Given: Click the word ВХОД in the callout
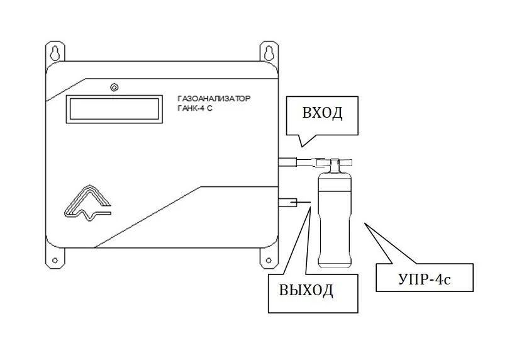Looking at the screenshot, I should point(322,114).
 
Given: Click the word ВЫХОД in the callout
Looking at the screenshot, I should point(306,291).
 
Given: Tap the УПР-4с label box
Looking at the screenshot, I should point(423,278).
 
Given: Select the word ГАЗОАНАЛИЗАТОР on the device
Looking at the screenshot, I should point(214,100).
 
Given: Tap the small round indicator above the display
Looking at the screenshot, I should point(114,87).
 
